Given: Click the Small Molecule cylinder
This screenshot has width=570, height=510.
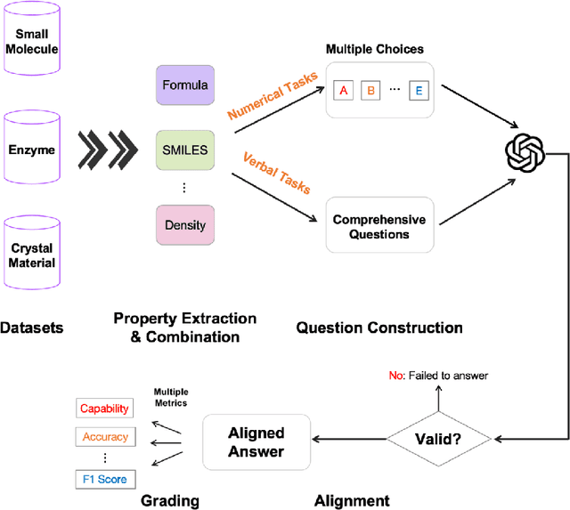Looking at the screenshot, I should pos(32,41).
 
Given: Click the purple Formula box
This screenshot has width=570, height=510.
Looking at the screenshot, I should pos(185,86).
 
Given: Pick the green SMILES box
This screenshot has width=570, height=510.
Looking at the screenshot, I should pos(185,150).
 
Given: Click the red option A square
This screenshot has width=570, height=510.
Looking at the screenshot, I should pos(343,90).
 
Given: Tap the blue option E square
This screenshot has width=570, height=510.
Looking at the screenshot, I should pos(419,90).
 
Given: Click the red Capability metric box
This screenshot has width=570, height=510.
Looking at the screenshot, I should pos(104,409).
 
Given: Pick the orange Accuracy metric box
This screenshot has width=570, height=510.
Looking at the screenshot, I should pos(104,437).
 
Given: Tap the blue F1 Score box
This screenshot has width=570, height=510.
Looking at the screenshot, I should pos(104,479).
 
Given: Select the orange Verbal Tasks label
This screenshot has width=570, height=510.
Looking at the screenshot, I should pos(275,174).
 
